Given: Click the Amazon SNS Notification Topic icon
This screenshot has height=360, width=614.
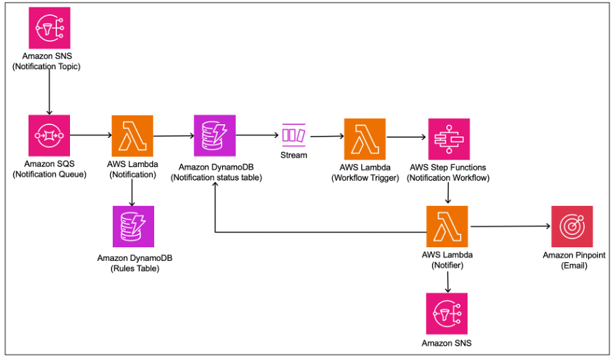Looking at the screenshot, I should [x=50, y=28].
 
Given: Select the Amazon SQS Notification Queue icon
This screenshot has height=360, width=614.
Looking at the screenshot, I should [x=50, y=135].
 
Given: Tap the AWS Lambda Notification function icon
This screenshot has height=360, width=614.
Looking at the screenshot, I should [x=132, y=135].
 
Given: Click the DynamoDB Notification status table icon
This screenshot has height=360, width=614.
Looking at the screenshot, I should [x=215, y=135].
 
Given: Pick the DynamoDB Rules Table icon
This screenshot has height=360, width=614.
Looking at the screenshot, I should [x=132, y=227].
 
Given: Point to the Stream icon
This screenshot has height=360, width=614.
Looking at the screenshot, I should [x=293, y=135].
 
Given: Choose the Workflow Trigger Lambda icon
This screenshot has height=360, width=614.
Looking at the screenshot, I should [x=365, y=139].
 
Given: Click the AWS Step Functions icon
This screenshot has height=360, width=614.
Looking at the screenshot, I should [x=448, y=139].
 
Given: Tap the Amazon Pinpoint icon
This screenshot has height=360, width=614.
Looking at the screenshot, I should [x=572, y=226].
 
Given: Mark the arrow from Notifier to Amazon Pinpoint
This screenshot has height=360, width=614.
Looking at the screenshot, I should [x=509, y=226].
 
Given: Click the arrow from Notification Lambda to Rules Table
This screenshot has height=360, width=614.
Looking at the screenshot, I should [x=132, y=192].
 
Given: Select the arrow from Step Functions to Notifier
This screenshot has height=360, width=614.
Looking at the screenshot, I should [x=448, y=194].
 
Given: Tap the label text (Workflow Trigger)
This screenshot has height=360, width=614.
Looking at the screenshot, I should [x=365, y=178].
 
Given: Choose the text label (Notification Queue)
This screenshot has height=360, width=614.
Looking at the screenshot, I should [x=50, y=175].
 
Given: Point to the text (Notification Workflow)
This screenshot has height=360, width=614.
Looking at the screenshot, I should [x=448, y=178].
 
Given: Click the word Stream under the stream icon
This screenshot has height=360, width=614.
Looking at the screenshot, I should [x=293, y=155].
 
